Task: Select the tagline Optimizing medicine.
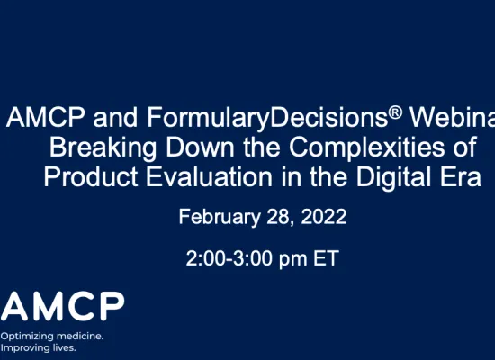(x=52, y=335)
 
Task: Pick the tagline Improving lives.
(x=39, y=346)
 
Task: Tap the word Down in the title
(x=194, y=147)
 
